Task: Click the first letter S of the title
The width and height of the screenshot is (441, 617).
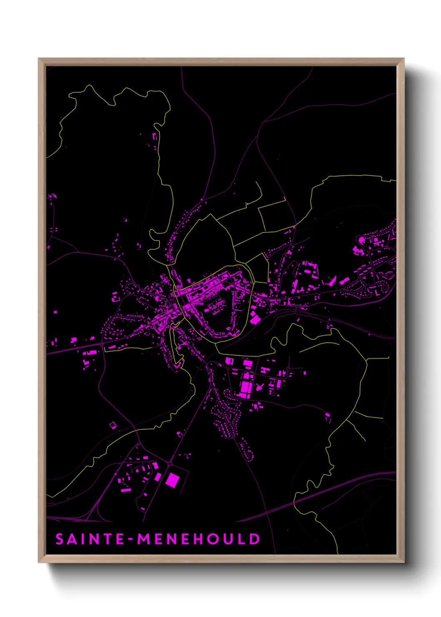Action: tap(60, 539)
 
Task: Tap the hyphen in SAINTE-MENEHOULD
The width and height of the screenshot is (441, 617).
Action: tap(131, 539)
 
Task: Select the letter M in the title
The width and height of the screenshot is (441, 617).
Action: tap(144, 539)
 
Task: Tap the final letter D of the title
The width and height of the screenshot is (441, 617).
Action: tap(254, 539)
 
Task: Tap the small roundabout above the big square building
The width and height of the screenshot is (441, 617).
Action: tap(170, 463)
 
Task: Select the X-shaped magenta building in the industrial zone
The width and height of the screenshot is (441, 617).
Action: tap(259, 387)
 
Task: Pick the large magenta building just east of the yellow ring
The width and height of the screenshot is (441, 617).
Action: tap(255, 320)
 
